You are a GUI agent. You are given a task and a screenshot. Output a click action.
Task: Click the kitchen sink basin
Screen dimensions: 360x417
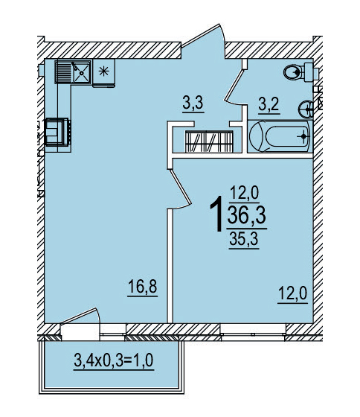[x=82, y=72]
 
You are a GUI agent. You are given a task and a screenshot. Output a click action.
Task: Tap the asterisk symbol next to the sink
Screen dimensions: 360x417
[x=103, y=71]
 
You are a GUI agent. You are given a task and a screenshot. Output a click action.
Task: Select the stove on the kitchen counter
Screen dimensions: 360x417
[x=57, y=133]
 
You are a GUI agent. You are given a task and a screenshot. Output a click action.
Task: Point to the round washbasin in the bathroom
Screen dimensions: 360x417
[x=306, y=109]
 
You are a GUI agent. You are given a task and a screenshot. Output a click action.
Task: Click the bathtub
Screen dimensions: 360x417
[x=280, y=136]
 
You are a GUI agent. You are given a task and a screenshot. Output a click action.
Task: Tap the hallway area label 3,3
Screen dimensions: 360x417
[x=193, y=104]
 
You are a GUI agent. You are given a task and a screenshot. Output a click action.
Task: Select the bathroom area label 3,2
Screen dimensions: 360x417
[x=269, y=105]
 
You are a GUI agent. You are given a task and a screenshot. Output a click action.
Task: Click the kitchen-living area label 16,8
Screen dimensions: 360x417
[x=143, y=287]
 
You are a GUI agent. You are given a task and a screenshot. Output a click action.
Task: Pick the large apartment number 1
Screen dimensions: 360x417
[x=216, y=214]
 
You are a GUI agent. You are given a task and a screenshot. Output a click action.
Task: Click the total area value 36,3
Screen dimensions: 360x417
[x=246, y=215]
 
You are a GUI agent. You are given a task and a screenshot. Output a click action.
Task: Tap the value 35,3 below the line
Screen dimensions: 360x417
[x=244, y=239]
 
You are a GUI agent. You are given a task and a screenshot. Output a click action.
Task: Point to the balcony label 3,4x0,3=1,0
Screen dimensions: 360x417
[x=114, y=360]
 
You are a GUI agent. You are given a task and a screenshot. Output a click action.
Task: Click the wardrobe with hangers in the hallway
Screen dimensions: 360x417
[x=209, y=141]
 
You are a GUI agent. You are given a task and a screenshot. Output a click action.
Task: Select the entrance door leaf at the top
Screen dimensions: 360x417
[x=200, y=36]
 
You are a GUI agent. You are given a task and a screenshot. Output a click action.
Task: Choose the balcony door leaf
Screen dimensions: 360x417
[x=78, y=316]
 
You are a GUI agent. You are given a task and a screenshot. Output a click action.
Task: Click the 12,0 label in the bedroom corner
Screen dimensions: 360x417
[x=292, y=294]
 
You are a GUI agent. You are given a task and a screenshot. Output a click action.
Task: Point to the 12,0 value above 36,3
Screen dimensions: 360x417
[x=244, y=193]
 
